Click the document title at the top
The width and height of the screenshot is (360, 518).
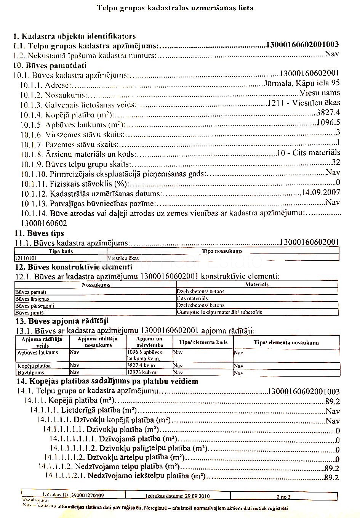(175, 8)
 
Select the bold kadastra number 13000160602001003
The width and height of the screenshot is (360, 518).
(303, 45)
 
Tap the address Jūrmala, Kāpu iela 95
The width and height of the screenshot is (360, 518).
(302, 83)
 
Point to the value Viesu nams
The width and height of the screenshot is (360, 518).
(320, 93)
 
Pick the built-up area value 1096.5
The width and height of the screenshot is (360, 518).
(328, 122)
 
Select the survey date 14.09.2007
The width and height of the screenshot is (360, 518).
(320, 192)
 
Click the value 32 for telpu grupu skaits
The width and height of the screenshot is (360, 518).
(336, 162)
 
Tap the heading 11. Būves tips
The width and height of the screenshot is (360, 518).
(39, 233)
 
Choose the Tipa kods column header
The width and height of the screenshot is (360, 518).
(61, 251)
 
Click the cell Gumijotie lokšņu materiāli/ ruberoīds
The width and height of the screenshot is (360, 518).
(219, 313)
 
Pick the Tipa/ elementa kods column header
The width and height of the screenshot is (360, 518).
(203, 342)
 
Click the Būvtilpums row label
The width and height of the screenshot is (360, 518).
(31, 372)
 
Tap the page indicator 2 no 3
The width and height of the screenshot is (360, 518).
(283, 496)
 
